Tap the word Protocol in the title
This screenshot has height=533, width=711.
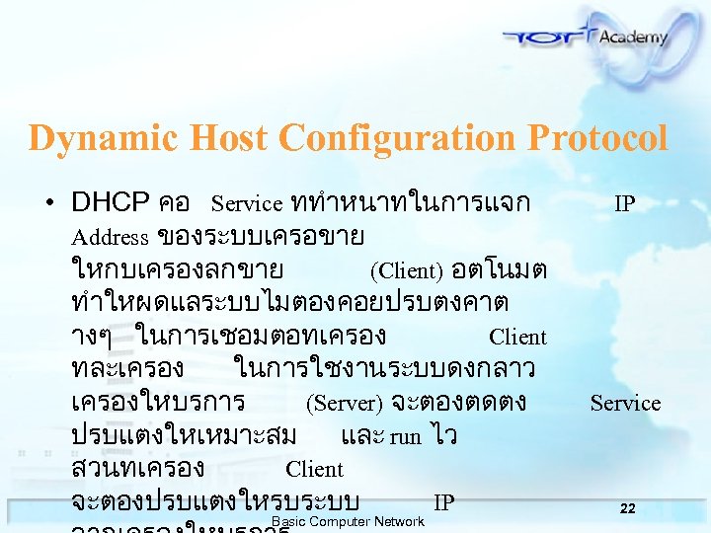[x=597, y=138]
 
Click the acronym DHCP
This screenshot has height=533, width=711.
[x=110, y=203]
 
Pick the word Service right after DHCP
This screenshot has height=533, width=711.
[x=247, y=203]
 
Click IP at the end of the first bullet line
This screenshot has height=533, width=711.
[x=624, y=203]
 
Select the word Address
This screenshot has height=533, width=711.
[x=110, y=237]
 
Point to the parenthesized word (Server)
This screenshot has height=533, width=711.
[x=344, y=403]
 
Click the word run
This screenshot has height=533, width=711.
[x=405, y=436]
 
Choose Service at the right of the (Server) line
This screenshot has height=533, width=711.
[x=625, y=403]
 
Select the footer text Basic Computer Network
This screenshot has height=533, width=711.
[x=348, y=521]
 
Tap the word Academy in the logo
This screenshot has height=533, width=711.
[x=633, y=38]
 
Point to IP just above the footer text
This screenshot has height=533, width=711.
[x=444, y=502]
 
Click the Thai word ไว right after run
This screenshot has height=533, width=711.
[x=442, y=436]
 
